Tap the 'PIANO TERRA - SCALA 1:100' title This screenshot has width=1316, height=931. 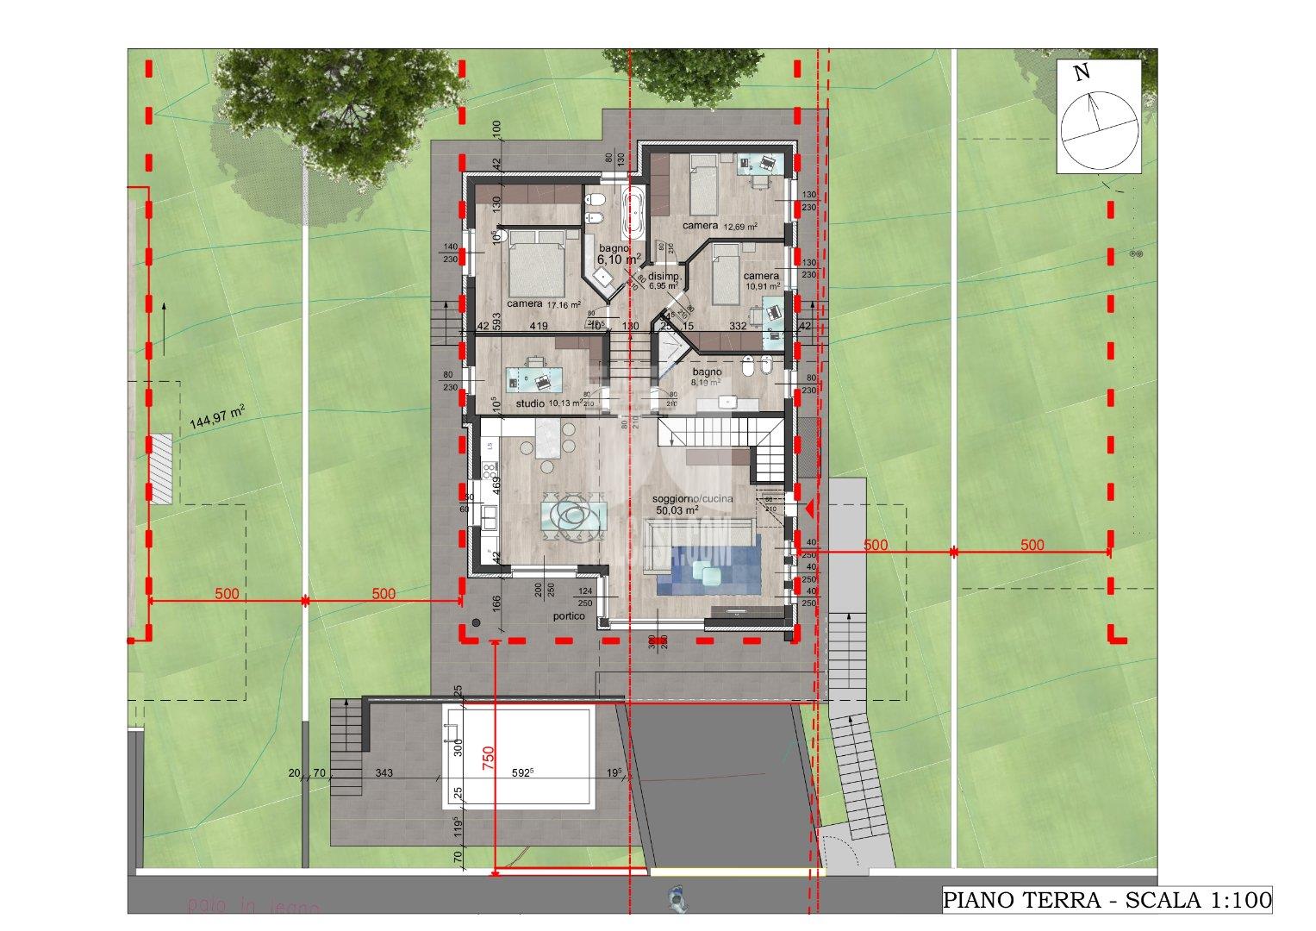pos(1107,901)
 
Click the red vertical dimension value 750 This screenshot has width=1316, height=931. pos(488,756)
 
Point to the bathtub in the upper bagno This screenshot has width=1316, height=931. pos(634,212)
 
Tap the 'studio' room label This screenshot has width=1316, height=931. pos(531,403)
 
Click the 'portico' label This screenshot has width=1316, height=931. pos(570,616)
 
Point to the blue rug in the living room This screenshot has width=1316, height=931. pos(707,565)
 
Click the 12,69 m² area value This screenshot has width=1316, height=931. pos(740,227)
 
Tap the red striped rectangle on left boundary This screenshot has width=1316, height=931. pos(161,468)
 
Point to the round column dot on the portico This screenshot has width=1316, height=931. pos(476,622)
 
